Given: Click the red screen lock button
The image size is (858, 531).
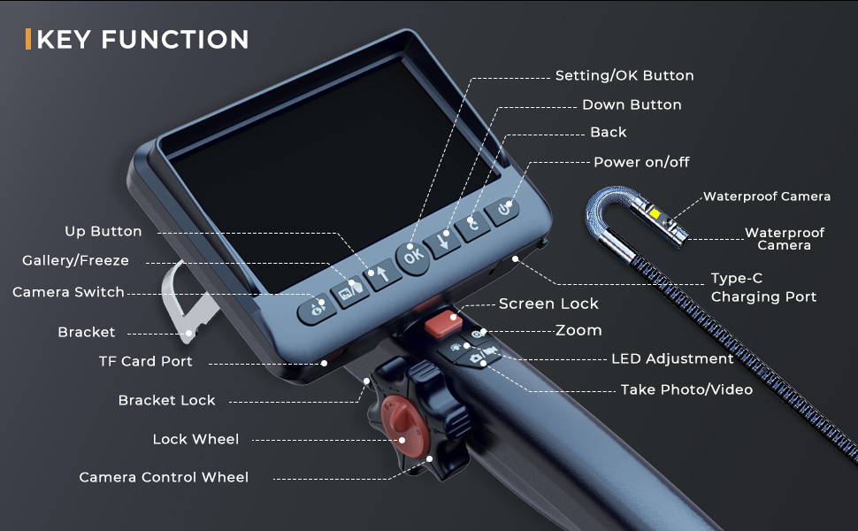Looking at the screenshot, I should point(441,324).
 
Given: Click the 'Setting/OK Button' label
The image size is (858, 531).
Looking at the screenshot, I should point(624,76).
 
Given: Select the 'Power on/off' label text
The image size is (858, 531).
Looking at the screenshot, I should point(641,162).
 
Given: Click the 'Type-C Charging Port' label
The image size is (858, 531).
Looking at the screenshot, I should point(763,288).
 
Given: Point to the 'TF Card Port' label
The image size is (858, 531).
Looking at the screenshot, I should point(145,361).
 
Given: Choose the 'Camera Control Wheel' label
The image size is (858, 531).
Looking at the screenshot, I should point(164,477).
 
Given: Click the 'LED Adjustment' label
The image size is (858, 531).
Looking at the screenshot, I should point(672,359).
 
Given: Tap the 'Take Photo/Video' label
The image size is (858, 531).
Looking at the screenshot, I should point(686,389).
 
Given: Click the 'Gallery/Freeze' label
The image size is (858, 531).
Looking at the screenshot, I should point(75,260).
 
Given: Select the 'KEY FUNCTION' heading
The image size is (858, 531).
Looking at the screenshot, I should point(143,40).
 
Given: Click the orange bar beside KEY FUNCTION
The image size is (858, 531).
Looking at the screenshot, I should point(29,40).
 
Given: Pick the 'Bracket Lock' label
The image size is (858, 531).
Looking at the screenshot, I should point(166,400).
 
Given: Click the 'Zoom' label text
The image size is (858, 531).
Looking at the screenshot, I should point(578,330).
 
